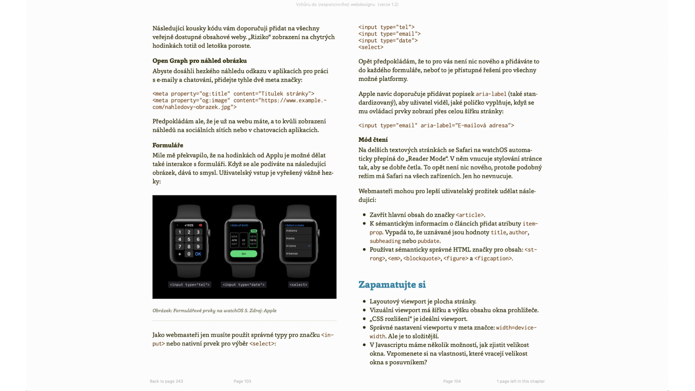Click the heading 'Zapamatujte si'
tap(392, 285)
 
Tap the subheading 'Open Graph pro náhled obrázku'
tap(199, 61)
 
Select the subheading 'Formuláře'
tap(168, 145)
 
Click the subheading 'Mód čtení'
tap(373, 140)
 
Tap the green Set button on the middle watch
tap(244, 254)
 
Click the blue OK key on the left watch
tap(198, 254)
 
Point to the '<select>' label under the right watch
tap(298, 285)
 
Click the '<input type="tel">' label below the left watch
tap(190, 285)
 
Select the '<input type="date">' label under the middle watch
tap(244, 285)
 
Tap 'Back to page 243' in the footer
tap(167, 381)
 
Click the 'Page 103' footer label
tap(242, 381)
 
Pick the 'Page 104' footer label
tap(452, 381)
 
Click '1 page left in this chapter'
tap(521, 381)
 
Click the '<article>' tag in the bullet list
tap(469, 215)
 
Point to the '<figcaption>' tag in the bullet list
tap(493, 258)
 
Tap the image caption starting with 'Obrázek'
tap(214, 311)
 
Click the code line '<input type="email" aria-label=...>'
tap(436, 126)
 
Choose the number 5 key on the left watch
tap(189, 239)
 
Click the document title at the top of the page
tap(347, 5)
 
